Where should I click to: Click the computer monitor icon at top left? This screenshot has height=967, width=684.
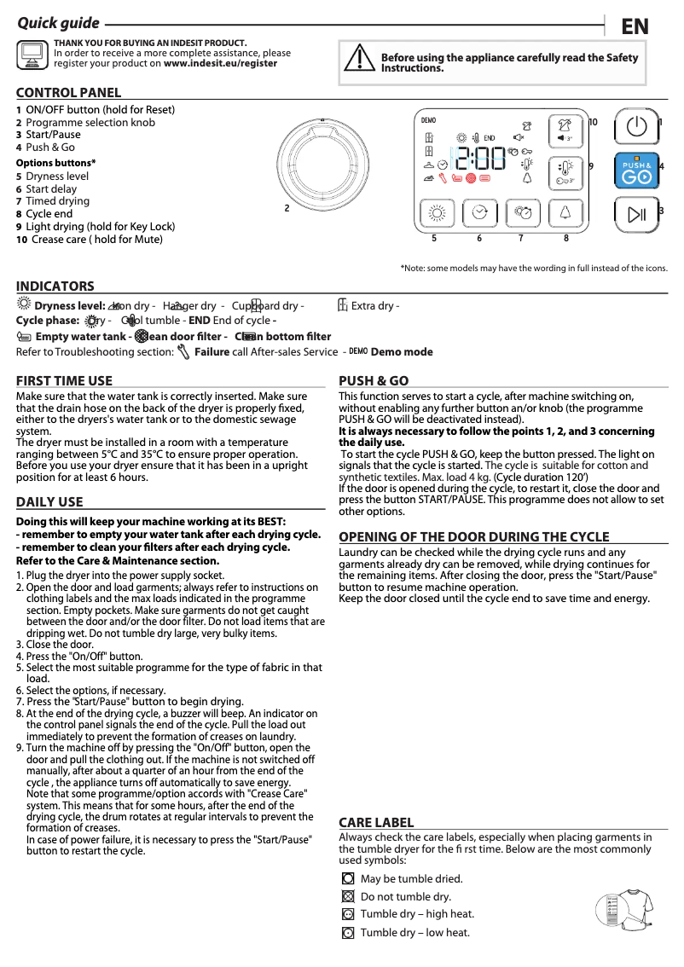click(32, 55)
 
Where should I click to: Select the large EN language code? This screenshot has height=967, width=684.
click(635, 26)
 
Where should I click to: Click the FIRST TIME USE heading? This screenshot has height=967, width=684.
click(64, 381)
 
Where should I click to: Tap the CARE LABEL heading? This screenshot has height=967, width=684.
click(376, 822)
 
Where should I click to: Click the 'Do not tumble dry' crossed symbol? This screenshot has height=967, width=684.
click(347, 896)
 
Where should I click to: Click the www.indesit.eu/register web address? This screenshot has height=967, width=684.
click(220, 63)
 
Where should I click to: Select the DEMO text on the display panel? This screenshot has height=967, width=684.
click(429, 119)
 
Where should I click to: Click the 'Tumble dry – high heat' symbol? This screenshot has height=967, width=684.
click(347, 914)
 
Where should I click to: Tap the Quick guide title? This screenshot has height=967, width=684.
click(59, 23)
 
